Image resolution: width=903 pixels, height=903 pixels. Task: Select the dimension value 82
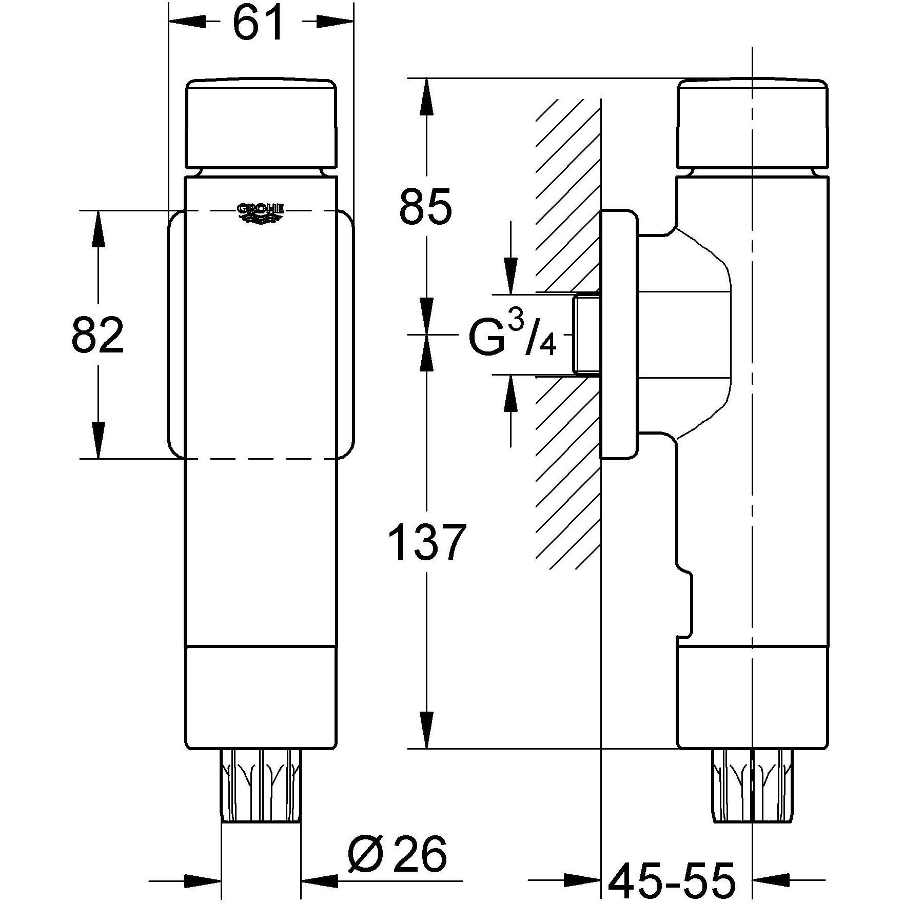pyautogui.click(x=97, y=335)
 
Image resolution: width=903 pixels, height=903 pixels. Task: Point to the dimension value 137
pyautogui.click(x=426, y=543)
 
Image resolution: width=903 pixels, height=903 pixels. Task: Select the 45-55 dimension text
pyautogui.click(x=672, y=879)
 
